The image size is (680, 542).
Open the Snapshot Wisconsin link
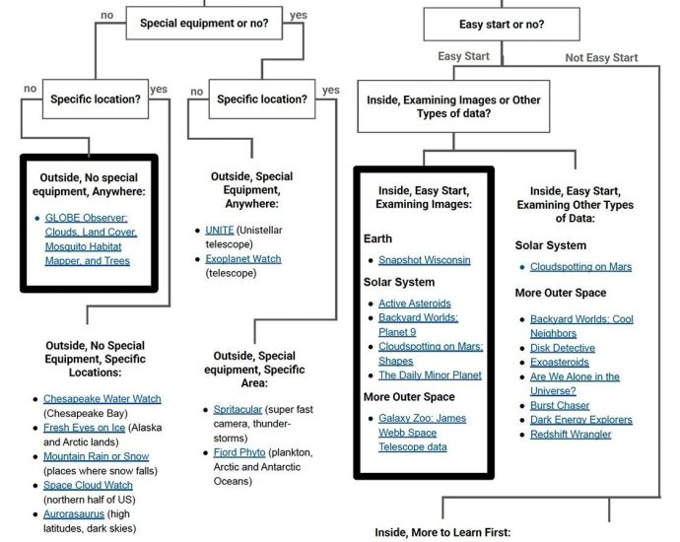[424, 260]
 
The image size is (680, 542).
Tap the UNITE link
[220, 230]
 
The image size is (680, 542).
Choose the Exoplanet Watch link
[243, 258]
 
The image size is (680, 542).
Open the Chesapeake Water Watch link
[102, 399]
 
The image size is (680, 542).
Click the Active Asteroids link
[414, 304]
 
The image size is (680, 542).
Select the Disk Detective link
[562, 348]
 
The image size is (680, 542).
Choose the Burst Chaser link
[560, 405]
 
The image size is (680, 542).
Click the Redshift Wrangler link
[570, 434]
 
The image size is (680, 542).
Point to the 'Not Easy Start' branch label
[601, 58]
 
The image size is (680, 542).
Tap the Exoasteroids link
[560, 363]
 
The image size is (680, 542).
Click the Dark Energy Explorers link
[580, 420]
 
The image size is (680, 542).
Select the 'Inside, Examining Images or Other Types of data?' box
[453, 107]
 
